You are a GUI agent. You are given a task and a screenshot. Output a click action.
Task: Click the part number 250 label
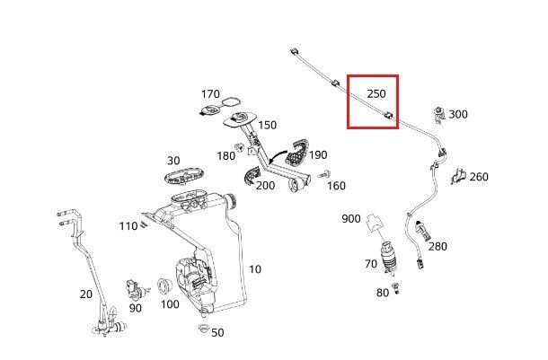click(376, 93)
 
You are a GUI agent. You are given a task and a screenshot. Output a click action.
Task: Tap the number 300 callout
click(458, 114)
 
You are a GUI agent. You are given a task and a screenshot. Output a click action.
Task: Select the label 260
click(479, 177)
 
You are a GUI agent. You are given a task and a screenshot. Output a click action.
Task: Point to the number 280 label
click(438, 246)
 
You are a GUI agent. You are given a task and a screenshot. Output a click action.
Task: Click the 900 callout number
click(350, 218)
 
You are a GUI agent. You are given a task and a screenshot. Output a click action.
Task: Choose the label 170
click(210, 93)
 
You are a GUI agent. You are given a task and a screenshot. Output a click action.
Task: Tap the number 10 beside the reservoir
click(255, 268)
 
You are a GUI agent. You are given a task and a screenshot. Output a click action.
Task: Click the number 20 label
click(86, 294)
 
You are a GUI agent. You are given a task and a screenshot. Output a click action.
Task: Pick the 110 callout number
click(128, 226)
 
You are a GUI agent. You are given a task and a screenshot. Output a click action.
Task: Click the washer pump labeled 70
click(391, 258)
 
